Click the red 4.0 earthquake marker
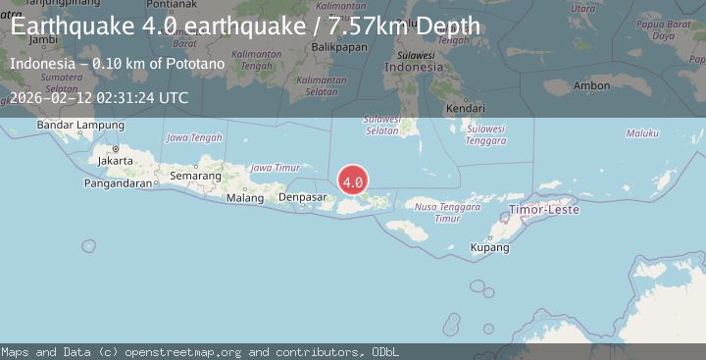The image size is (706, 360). [353, 181]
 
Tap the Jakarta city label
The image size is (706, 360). [116, 160]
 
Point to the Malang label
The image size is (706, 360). [245, 197]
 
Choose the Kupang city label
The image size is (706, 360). [490, 248]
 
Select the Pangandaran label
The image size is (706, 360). [118, 182]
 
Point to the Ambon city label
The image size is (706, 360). [620, 86]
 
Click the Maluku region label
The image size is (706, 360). [643, 132]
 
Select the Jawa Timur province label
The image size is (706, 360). [275, 168]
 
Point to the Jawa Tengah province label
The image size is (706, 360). [190, 137]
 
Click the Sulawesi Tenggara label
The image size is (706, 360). [485, 134]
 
